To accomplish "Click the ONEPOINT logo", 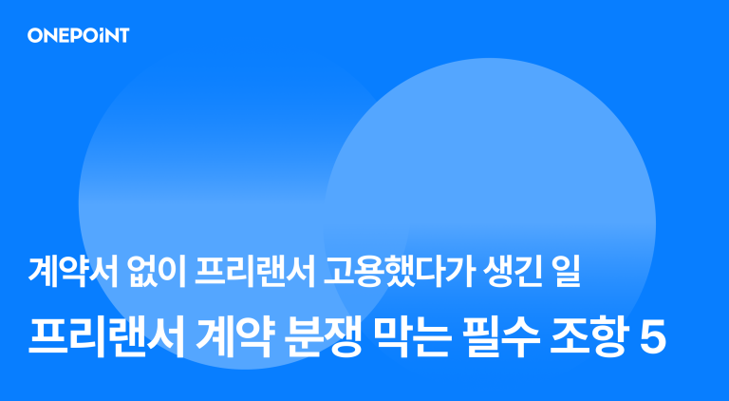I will click(78, 36).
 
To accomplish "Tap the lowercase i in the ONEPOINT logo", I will click(103, 36).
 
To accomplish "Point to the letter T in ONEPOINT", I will click(122, 36).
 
